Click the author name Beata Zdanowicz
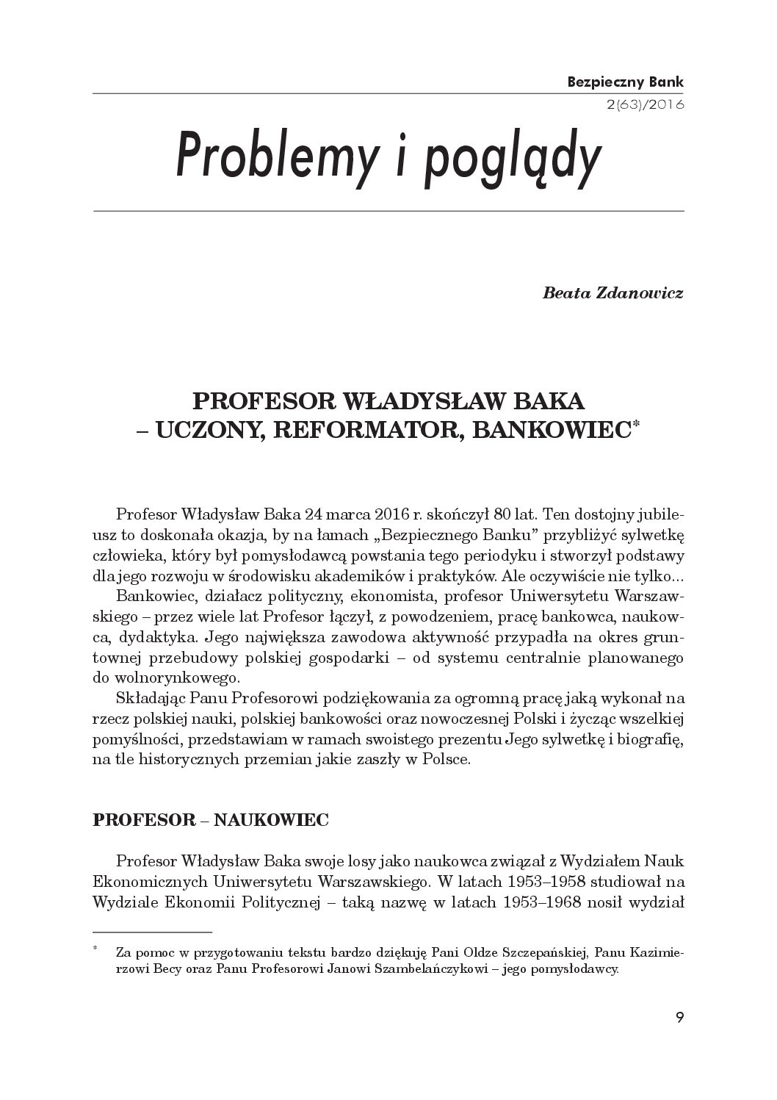pos(612,294)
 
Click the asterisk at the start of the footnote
pos(95,950)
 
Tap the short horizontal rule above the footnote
pos(152,931)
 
